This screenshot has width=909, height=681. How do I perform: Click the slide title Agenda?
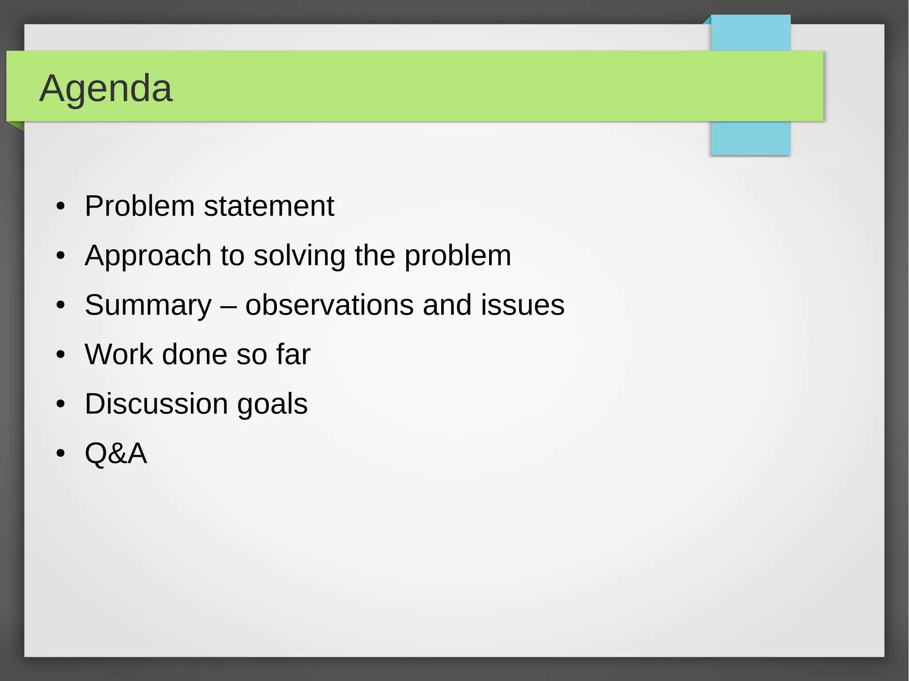[106, 89]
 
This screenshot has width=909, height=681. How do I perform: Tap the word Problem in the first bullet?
[139, 206]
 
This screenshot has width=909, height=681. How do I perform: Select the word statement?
[269, 206]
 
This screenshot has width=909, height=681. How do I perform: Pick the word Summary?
[148, 306]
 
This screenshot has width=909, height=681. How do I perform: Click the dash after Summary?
[229, 306]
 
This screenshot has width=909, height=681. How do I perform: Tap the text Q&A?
[116, 453]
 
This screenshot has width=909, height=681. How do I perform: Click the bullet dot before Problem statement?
[61, 207]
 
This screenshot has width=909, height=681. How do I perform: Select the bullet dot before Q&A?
[61, 454]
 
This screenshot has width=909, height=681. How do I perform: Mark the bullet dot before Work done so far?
[61, 355]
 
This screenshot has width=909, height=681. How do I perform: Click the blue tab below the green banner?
[750, 138]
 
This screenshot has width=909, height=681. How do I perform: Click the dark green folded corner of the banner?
[18, 126]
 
